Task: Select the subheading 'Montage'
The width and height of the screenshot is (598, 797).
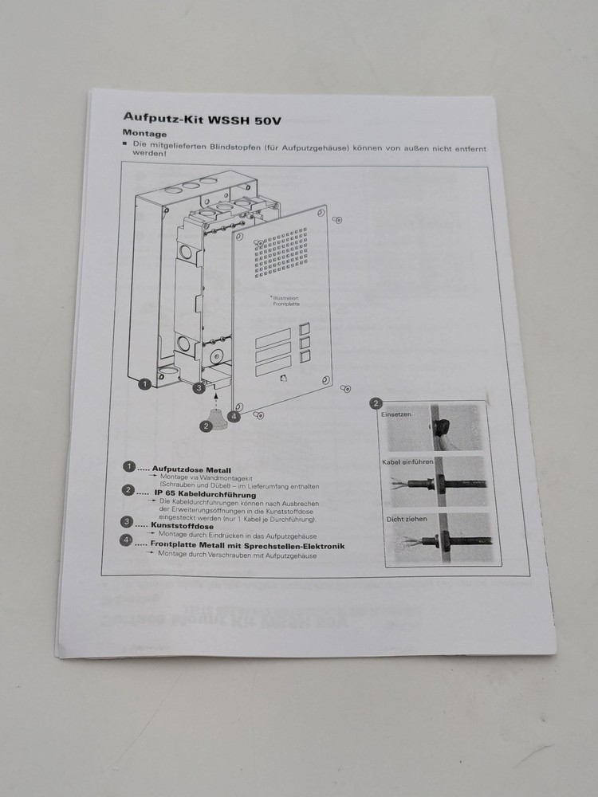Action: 144,134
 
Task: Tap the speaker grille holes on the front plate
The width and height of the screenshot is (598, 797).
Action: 281,254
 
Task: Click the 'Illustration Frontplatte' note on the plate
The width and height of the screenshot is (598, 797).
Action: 285,302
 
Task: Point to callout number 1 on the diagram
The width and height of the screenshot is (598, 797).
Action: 144,384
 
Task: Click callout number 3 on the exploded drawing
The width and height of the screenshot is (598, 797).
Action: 199,387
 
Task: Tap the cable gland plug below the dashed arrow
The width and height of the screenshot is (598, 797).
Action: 214,418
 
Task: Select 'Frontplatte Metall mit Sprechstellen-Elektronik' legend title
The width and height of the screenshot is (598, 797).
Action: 247,546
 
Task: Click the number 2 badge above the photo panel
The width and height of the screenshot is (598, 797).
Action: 376,403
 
